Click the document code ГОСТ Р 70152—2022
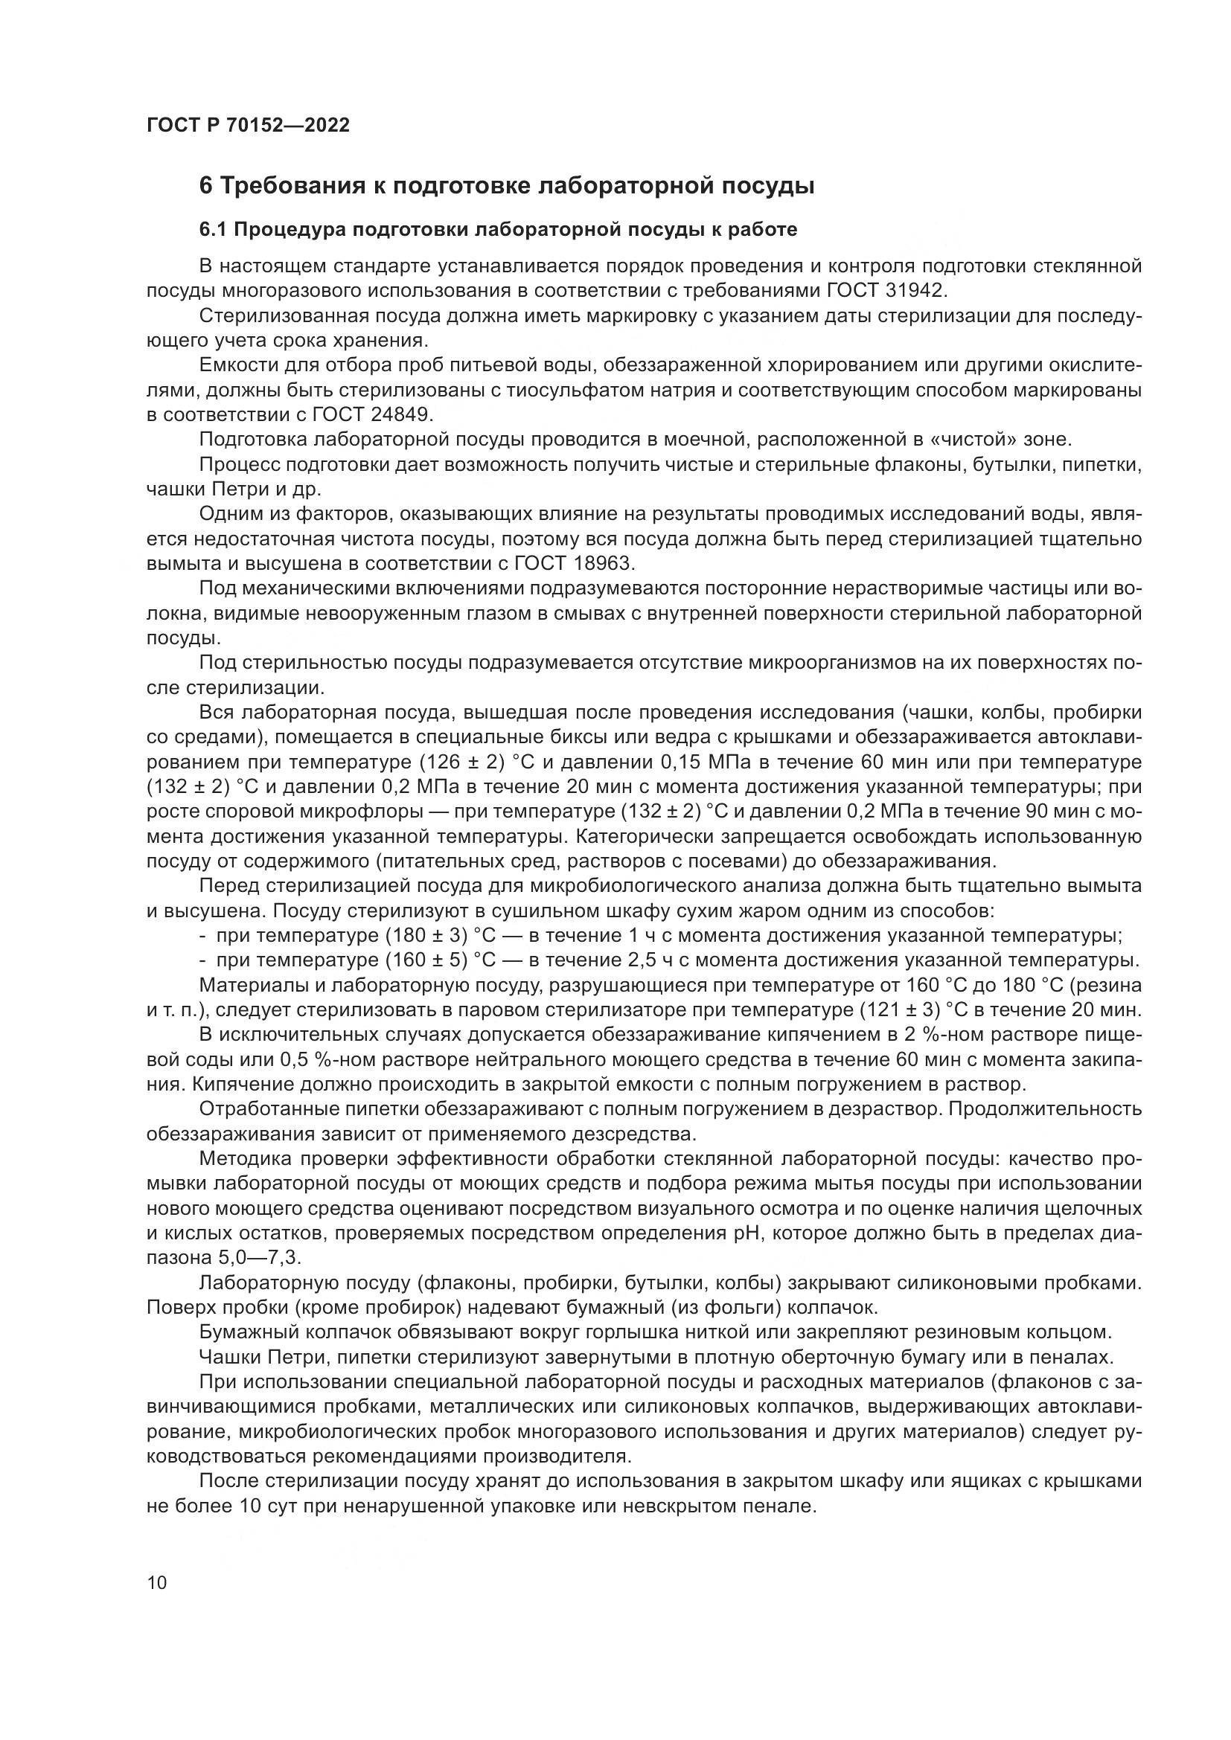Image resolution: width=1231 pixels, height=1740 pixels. [248, 126]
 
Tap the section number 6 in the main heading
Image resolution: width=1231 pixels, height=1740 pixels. [205, 186]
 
